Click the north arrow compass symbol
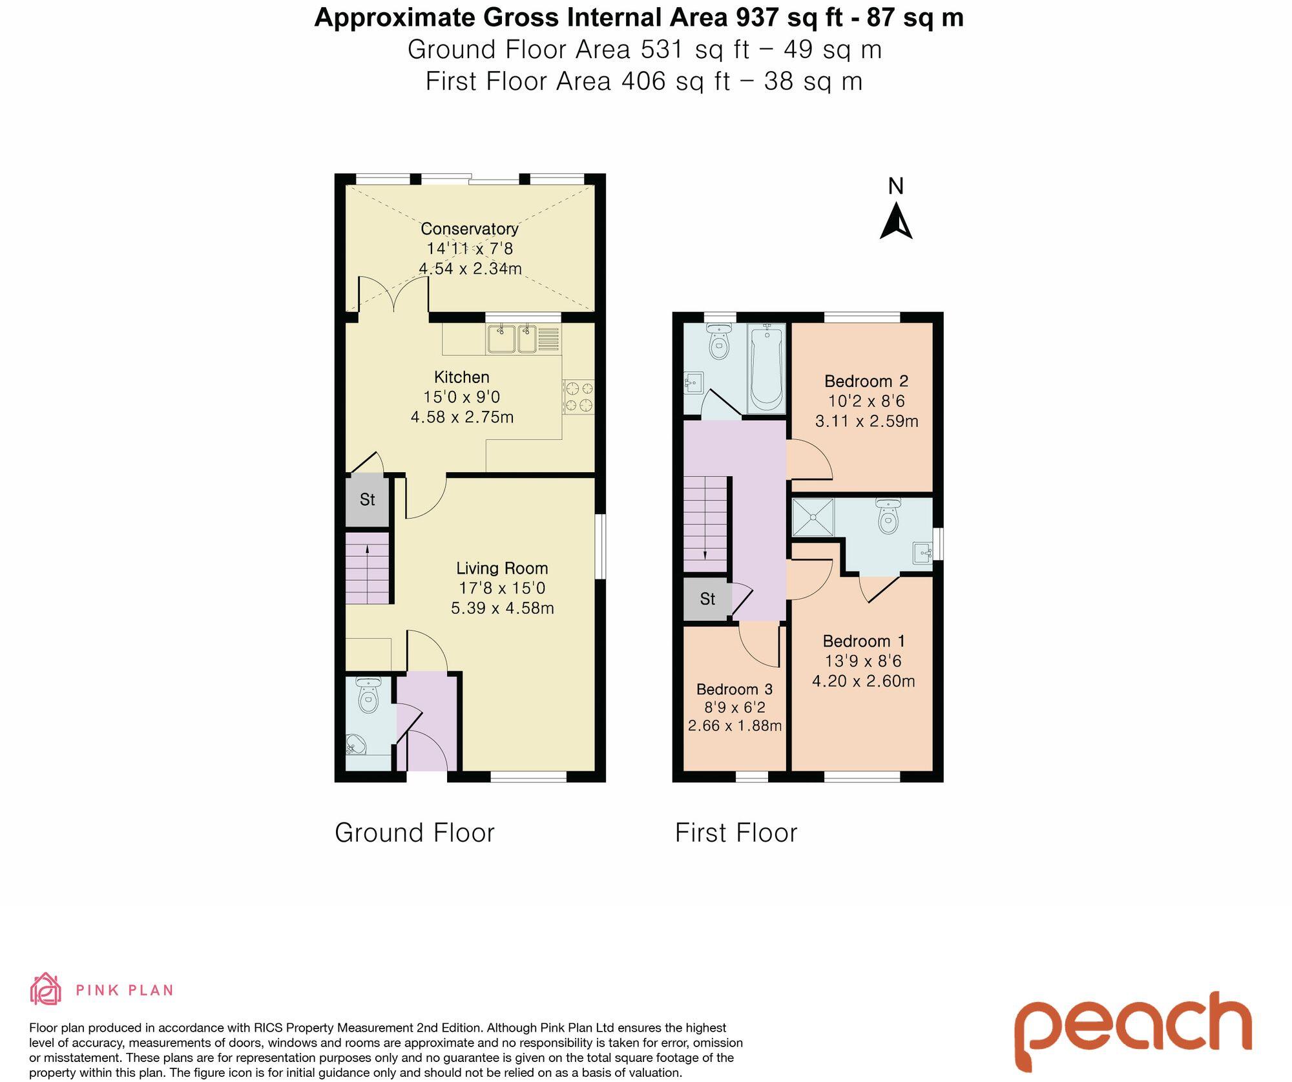(896, 222)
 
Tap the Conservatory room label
(470, 229)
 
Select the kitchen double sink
(512, 339)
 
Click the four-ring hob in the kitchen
(578, 397)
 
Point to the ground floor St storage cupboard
(367, 500)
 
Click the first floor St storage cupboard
(707, 599)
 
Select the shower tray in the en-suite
(813, 517)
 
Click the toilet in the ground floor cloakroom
(368, 696)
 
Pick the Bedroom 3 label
(735, 689)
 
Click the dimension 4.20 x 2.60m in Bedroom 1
(863, 681)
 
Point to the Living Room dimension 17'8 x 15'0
(502, 588)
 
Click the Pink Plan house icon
(46, 990)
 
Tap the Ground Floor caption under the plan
(414, 833)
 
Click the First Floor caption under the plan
(736, 833)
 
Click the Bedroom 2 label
(866, 381)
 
